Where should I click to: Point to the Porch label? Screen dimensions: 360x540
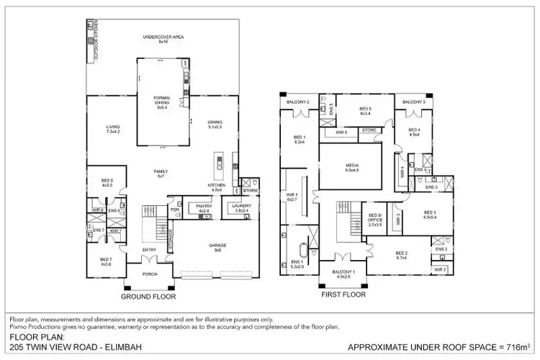pos(150,274)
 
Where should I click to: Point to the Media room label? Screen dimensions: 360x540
pos(352,167)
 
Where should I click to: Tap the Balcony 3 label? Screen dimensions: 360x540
pos(414,102)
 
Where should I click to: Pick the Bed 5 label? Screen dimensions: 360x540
pos(365,111)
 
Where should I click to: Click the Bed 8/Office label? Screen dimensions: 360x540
pos(375,219)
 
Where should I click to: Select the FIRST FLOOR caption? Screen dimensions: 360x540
pos(344,294)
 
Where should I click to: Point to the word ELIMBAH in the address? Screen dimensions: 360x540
pos(107,346)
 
